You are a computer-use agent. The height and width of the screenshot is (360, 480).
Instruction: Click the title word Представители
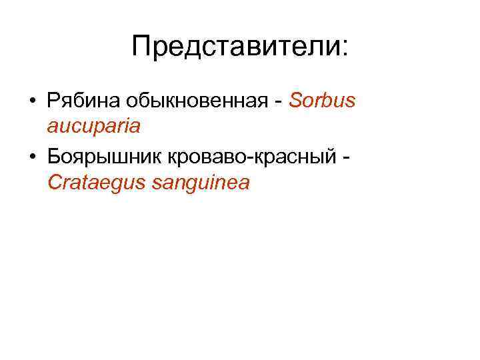pyautogui.click(x=235, y=47)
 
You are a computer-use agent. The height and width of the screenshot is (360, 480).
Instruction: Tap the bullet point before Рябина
pyautogui.click(x=32, y=102)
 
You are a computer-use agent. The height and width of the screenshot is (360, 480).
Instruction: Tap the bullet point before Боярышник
pyautogui.click(x=32, y=156)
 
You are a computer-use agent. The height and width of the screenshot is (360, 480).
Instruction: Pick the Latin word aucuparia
pyautogui.click(x=94, y=126)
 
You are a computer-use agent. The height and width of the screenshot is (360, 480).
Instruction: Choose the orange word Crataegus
pyautogui.click(x=97, y=182)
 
